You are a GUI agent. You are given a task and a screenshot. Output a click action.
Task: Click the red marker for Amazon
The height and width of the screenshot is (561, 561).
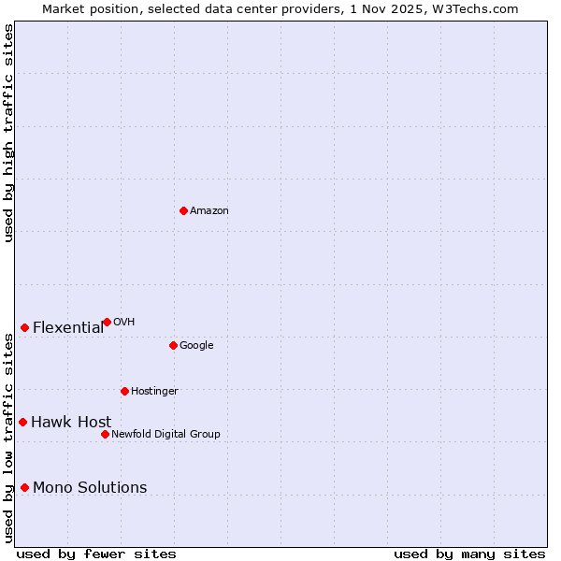(x=183, y=210)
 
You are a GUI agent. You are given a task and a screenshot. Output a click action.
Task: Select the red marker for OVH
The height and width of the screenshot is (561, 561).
(x=107, y=322)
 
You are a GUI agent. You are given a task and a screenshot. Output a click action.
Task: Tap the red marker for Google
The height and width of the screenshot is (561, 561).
(x=173, y=345)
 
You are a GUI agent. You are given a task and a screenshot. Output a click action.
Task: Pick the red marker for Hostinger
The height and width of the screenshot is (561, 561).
(x=124, y=391)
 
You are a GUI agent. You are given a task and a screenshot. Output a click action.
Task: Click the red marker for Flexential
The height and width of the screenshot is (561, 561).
(x=24, y=327)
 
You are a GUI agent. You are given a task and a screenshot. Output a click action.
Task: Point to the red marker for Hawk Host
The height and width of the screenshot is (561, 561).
(x=22, y=422)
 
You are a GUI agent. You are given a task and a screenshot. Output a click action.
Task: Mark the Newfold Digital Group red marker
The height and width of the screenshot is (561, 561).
(x=105, y=434)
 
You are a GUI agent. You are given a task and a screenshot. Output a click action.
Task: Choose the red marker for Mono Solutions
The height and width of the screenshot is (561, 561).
(x=24, y=487)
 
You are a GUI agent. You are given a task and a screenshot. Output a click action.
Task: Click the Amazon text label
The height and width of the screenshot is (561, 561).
(x=209, y=211)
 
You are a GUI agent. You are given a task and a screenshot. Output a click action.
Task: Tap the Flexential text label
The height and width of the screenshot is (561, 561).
(x=68, y=327)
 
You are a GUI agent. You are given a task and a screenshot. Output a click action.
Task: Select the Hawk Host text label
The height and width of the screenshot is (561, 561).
(x=71, y=422)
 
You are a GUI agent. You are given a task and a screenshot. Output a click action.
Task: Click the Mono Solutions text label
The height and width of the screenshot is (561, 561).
(x=90, y=487)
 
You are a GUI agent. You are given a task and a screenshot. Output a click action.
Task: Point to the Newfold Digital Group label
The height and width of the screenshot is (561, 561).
(x=165, y=434)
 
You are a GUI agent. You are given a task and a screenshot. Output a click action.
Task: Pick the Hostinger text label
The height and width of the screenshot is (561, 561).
(x=154, y=391)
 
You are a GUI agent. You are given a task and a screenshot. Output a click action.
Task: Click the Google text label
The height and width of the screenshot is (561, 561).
(x=196, y=346)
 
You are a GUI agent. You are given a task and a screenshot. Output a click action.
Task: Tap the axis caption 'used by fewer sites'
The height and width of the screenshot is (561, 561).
(x=96, y=554)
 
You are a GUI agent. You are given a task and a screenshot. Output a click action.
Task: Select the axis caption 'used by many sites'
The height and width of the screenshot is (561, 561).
(x=469, y=554)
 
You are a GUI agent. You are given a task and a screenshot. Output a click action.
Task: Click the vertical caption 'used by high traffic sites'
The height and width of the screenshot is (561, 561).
(x=8, y=133)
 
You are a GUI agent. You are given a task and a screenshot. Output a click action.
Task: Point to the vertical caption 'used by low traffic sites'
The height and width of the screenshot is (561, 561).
(x=8, y=438)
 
